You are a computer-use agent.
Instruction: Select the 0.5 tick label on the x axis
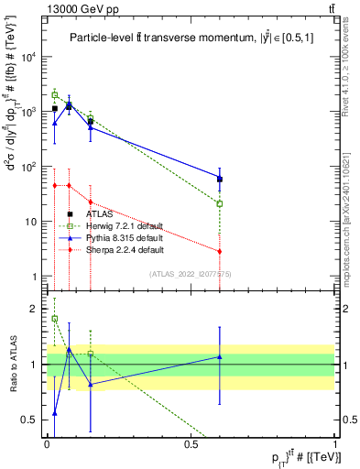click(191, 444)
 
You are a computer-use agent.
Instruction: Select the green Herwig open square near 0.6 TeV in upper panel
click(220, 203)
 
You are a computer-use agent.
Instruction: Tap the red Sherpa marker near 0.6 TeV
click(220, 251)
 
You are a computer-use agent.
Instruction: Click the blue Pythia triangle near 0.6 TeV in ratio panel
click(220, 356)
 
